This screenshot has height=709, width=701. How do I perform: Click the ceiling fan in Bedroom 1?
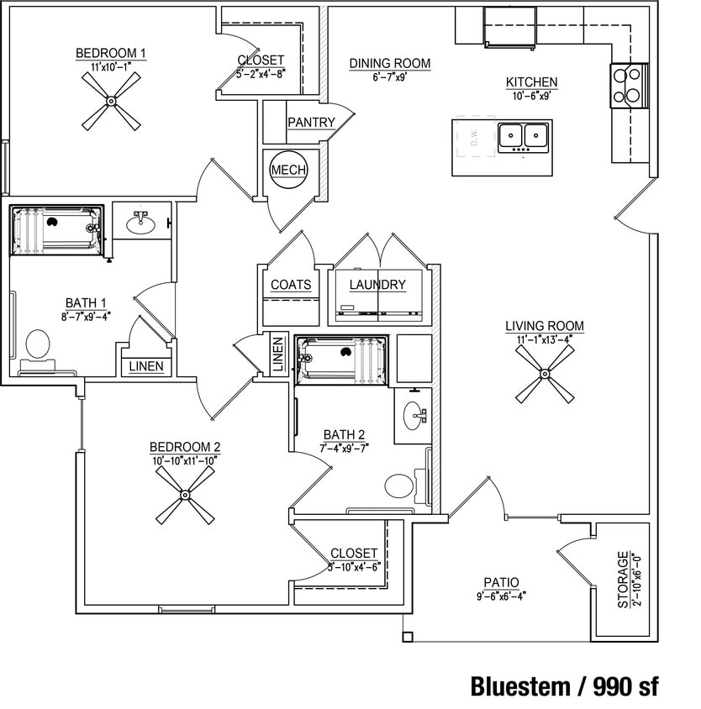click(111, 101)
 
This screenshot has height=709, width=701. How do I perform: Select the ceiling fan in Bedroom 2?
click(184, 495)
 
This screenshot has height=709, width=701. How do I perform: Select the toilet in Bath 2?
click(399, 486)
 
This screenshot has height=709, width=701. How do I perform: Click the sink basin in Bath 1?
click(140, 223)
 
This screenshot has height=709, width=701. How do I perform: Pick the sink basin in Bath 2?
click(413, 416)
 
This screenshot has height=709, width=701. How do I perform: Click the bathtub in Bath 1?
click(56, 229)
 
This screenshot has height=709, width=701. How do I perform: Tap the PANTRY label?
click(311, 123)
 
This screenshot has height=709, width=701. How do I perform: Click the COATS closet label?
click(291, 285)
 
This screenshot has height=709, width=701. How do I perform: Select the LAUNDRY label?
click(377, 285)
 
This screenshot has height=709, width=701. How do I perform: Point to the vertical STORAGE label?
click(623, 580)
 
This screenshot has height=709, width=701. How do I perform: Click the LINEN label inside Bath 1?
click(148, 367)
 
